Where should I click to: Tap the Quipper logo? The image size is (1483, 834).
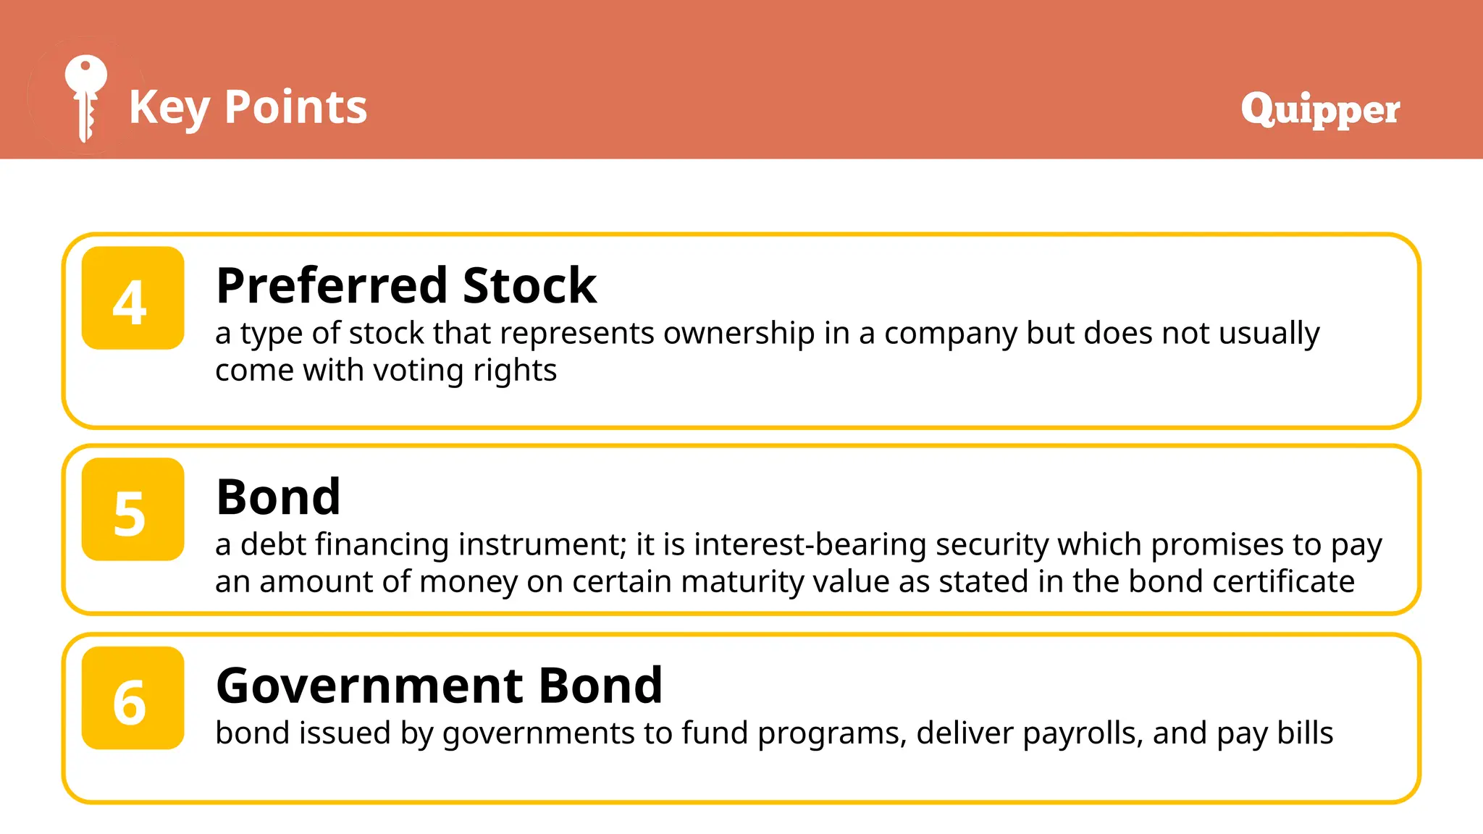(x=1320, y=109)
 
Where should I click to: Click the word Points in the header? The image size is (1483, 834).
(x=295, y=107)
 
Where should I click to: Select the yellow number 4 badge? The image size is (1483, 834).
(x=133, y=298)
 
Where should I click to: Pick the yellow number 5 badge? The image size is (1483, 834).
(x=133, y=510)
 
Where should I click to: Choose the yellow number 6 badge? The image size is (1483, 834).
(x=133, y=698)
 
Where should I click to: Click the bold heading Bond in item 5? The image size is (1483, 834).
(x=279, y=497)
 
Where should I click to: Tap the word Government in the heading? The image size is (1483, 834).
(x=370, y=686)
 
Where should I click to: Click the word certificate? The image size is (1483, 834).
(x=1283, y=581)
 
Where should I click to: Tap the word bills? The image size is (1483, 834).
(x=1304, y=733)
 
